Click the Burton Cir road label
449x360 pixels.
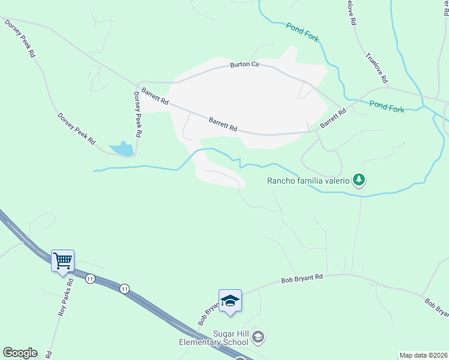tap(246, 65)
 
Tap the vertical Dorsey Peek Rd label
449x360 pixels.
tap(137, 114)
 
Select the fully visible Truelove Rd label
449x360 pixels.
tap(377, 68)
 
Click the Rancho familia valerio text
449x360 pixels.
tap(308, 181)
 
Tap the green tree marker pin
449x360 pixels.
tap(359, 179)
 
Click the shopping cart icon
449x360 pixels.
tap(62, 261)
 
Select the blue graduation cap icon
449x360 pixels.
tap(229, 301)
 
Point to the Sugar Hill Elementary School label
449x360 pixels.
tap(214, 338)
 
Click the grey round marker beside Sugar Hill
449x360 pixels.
tap(258, 337)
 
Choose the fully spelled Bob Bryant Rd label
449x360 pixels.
tap(303, 279)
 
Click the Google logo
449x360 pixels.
tap(20, 353)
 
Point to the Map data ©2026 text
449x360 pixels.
tap(423, 355)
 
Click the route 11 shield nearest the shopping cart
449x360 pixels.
tap(90, 279)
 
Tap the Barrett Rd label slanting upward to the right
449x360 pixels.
tap(334, 118)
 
